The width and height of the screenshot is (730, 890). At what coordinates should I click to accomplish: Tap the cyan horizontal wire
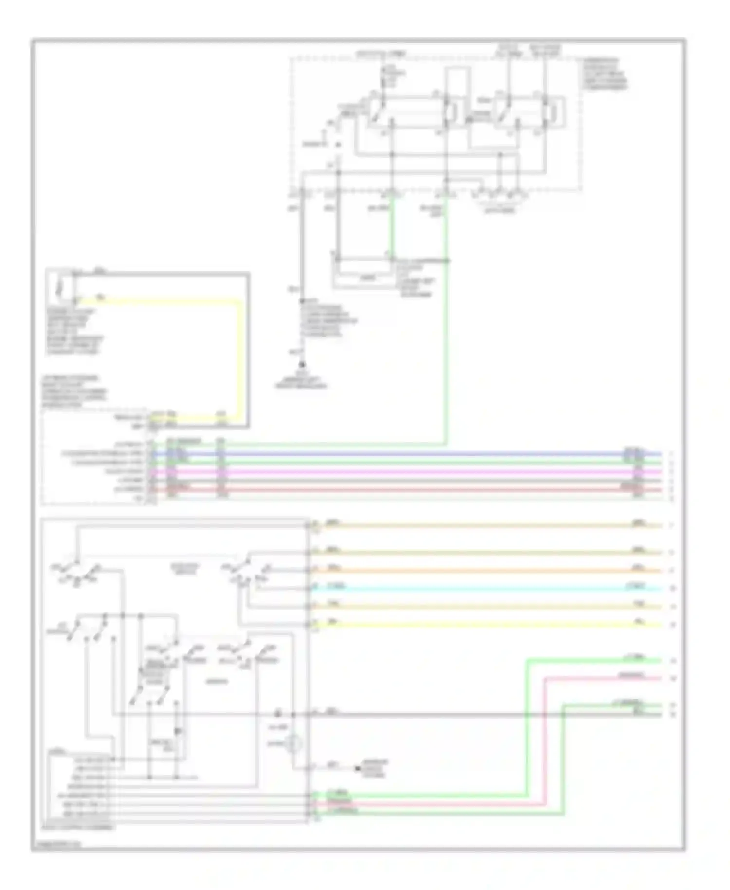click(x=487, y=589)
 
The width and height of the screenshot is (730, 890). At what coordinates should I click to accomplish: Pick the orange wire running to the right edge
click(x=487, y=571)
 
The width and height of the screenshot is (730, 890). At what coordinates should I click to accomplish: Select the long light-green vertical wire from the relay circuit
click(x=446, y=341)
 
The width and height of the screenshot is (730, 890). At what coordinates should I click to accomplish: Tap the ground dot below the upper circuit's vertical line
click(x=302, y=364)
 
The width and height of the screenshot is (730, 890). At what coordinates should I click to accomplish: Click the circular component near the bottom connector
click(x=293, y=744)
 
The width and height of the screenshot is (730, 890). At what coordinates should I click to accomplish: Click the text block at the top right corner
click(x=605, y=74)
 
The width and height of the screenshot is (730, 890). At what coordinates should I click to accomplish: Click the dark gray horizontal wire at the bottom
click(x=438, y=715)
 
